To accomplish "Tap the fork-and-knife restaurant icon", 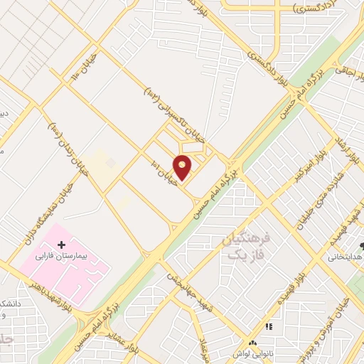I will pyautogui.click(x=269, y=326).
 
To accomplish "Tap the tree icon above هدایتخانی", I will pyautogui.click(x=361, y=246).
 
